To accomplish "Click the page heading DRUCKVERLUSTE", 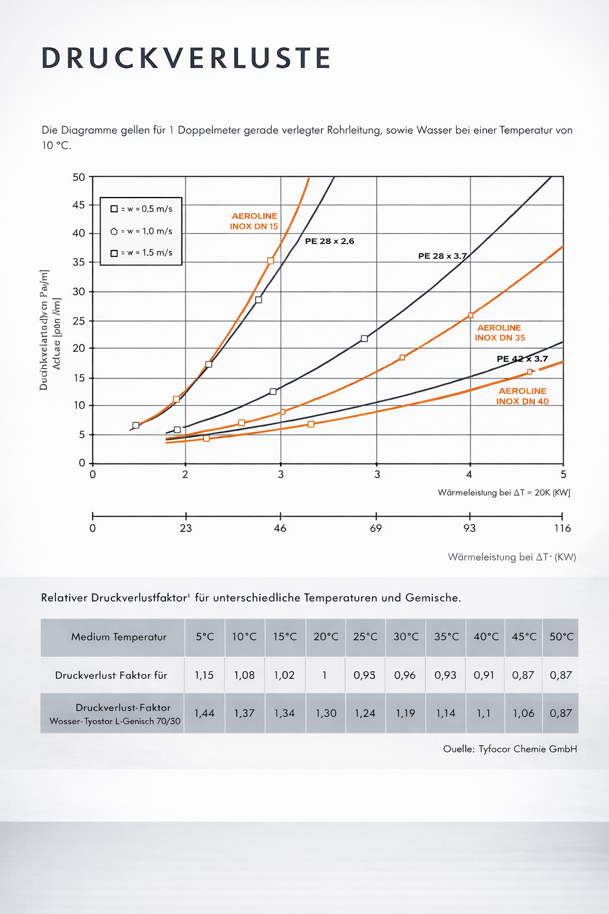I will pos(186,58).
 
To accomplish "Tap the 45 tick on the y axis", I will pos(79,205).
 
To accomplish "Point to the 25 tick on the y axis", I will pos(79,321).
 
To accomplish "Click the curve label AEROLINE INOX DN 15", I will pos(254,221).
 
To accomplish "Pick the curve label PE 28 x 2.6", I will pos(329,241).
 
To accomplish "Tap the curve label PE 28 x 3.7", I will pos(442,256).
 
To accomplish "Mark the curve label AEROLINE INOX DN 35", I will pos(500,333).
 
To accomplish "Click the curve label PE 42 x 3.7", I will pos(522,359).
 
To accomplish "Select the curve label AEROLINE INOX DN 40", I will pos(522,396).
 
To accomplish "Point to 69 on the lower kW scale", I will pos(376,528).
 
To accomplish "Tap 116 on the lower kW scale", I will pos(562,528).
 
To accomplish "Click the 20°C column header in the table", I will pos(326,637).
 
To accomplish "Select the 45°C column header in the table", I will pos(524,637).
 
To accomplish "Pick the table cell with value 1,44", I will pos(204,713).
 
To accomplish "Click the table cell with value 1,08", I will pos(244,675).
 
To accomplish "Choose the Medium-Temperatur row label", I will pos(119,637).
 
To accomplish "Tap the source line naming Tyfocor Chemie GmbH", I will pos(510,749).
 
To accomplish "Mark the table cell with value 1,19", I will pos(405,713).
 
